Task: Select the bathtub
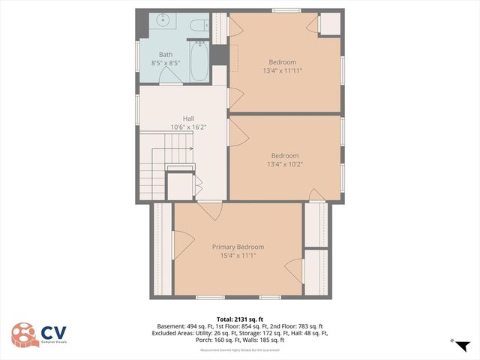point(199,62)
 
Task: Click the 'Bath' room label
point(165,55)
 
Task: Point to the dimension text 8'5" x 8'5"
point(165,64)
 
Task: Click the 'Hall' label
point(189,118)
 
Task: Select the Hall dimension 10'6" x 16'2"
point(189,127)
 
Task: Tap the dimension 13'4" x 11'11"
point(283,71)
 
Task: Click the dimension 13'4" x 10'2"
point(284,164)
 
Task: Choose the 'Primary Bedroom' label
point(238,247)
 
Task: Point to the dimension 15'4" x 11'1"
point(238,256)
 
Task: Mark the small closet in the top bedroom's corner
point(329,24)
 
